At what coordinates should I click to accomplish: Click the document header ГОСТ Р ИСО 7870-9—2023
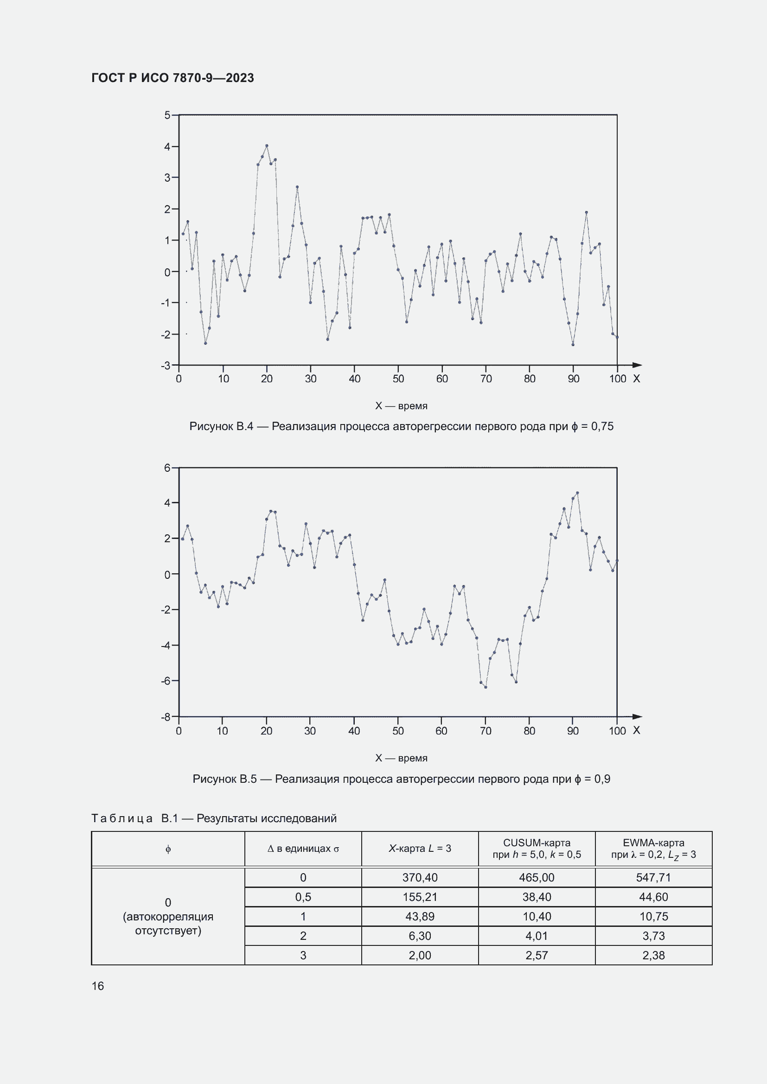(x=173, y=78)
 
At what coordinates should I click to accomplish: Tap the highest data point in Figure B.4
(x=267, y=146)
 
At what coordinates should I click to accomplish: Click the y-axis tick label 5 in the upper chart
(x=167, y=115)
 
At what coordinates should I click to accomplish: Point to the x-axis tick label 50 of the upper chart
(x=398, y=379)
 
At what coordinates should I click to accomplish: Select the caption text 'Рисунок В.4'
(x=221, y=427)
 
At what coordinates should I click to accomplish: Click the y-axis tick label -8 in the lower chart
(x=166, y=716)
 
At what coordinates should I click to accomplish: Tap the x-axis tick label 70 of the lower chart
(x=486, y=731)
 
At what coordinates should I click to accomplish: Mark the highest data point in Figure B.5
(x=577, y=493)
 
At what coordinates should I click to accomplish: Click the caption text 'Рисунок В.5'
(x=224, y=779)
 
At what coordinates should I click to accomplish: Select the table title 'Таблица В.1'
(x=134, y=818)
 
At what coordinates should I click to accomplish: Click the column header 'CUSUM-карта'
(x=537, y=843)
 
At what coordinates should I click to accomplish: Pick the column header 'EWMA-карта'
(x=653, y=843)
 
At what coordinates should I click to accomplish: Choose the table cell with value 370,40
(x=420, y=878)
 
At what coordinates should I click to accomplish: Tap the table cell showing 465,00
(x=537, y=878)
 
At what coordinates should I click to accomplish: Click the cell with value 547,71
(x=653, y=878)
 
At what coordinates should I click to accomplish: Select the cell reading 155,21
(x=420, y=897)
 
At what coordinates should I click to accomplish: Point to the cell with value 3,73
(x=653, y=936)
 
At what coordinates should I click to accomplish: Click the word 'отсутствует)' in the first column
(x=168, y=931)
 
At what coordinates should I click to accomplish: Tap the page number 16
(x=98, y=986)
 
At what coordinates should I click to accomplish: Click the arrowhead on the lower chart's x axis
(x=637, y=716)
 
